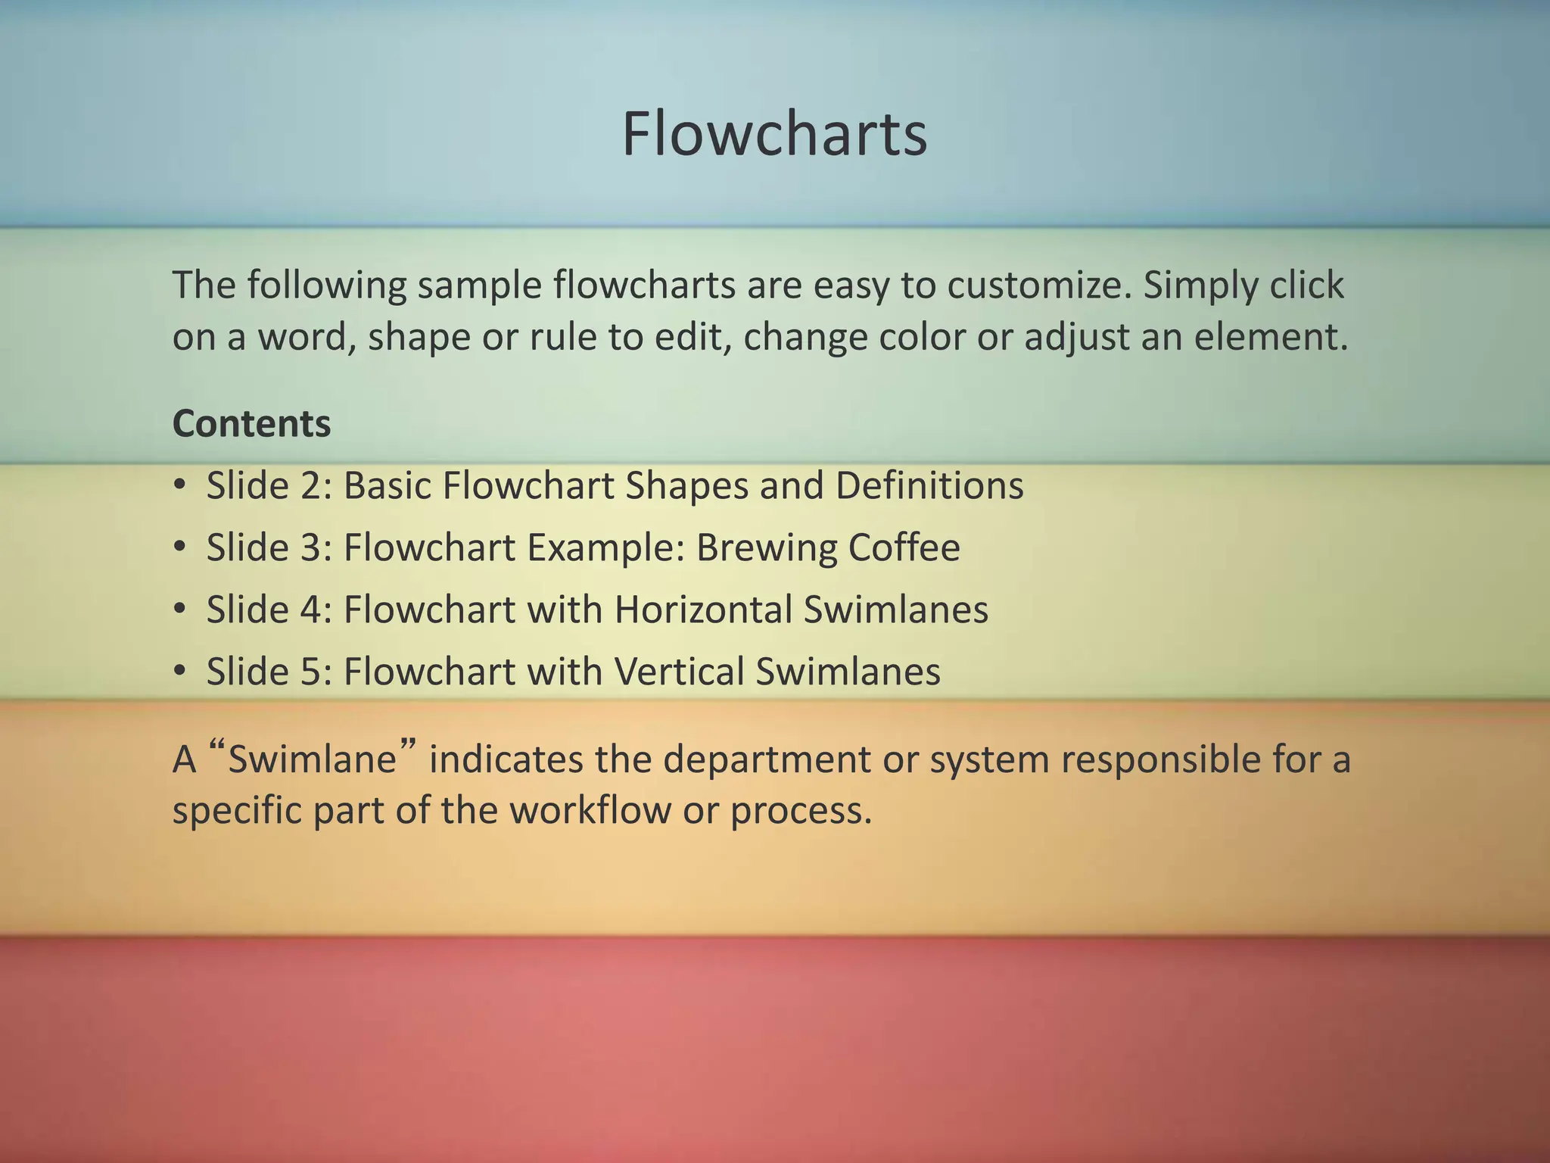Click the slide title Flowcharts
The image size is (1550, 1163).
774,135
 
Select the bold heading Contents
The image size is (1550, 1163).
251,424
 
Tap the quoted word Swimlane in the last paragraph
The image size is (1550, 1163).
312,759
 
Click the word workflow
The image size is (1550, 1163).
590,810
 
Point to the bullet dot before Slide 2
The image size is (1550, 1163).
179,485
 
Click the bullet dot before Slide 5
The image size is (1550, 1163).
179,672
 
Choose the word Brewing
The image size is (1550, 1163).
766,547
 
